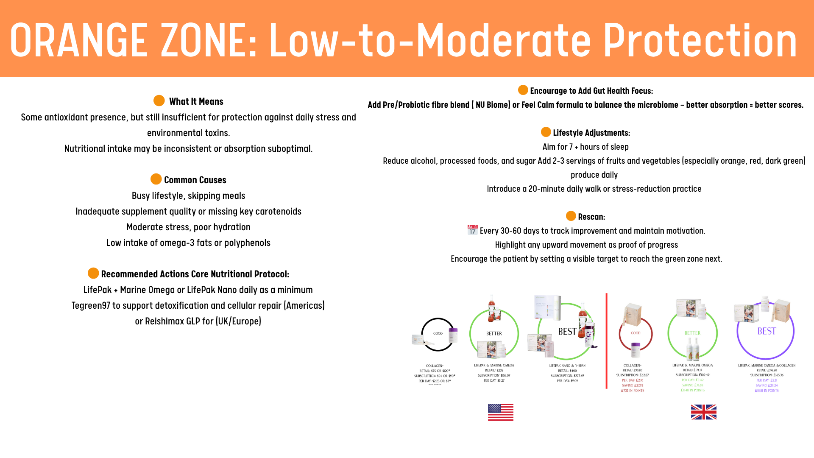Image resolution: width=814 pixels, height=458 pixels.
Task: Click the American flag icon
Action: point(500,412)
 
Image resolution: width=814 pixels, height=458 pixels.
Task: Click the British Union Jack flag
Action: point(703,412)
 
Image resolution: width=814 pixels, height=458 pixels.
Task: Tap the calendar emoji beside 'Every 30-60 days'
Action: point(472,230)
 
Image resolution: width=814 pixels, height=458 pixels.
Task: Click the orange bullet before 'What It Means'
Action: point(159,101)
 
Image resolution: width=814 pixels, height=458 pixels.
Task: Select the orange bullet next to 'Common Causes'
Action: point(156,179)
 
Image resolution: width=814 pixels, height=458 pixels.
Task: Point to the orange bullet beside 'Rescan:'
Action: point(571,216)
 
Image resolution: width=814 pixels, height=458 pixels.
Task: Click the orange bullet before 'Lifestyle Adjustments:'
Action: point(546,132)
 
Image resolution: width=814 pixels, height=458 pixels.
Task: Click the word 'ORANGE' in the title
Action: point(78,40)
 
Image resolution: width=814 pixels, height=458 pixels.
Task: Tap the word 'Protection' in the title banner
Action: point(700,40)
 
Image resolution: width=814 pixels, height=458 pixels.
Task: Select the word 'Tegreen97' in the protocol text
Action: point(91,305)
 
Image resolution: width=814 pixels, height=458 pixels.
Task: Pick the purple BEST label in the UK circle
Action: point(767,331)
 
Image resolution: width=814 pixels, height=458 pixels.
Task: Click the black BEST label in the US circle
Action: point(567,332)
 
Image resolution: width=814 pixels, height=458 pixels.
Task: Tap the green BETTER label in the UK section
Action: point(692,333)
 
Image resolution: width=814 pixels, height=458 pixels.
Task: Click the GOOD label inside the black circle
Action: point(438,333)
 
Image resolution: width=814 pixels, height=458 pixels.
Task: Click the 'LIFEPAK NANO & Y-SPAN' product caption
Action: point(567,366)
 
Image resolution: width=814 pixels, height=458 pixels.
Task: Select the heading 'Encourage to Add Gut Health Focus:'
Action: point(591,91)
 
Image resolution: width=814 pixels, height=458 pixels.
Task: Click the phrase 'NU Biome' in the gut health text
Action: point(492,105)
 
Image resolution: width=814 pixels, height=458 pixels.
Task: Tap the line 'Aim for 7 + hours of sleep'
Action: point(585,147)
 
